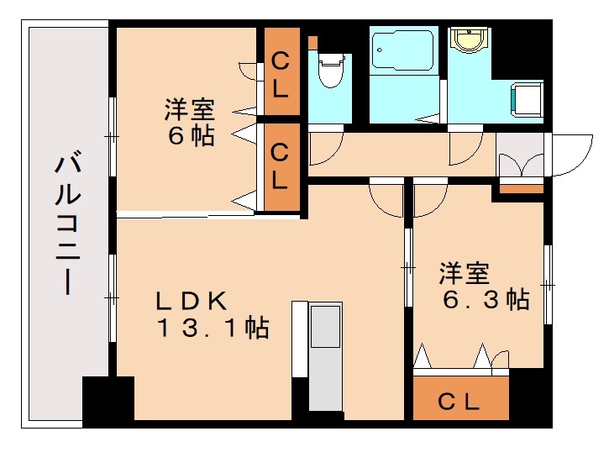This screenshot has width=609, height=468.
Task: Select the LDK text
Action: (x=189, y=300)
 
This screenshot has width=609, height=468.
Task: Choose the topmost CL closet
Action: (x=281, y=73)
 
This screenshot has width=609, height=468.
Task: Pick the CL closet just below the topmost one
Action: (x=281, y=166)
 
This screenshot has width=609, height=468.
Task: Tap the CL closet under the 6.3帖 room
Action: (x=460, y=401)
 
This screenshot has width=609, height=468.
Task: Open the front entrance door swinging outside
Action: (x=571, y=155)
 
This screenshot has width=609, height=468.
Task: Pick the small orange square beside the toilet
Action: (x=312, y=42)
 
